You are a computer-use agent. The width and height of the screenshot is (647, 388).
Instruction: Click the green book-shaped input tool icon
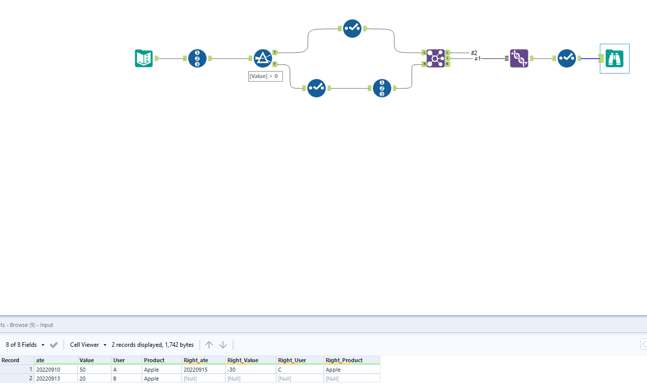[144, 59]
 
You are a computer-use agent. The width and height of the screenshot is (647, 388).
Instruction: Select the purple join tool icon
[435, 58]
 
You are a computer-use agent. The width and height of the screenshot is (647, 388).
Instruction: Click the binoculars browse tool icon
[615, 59]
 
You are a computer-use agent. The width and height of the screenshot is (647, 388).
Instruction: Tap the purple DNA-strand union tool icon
[519, 58]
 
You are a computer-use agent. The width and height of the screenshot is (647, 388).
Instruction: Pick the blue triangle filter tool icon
[263, 58]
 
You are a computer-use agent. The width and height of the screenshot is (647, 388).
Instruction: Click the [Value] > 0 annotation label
[266, 76]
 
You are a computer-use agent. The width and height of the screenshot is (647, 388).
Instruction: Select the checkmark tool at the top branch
[352, 28]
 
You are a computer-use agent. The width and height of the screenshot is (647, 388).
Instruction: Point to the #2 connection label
[474, 53]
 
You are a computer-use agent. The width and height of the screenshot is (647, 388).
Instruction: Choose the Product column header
[154, 360]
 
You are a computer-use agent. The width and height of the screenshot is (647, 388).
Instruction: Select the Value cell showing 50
[83, 370]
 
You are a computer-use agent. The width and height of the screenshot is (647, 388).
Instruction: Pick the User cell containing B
[115, 379]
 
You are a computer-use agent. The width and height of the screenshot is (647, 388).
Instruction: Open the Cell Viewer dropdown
[88, 345]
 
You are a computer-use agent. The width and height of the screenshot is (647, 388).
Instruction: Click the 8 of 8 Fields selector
[25, 345]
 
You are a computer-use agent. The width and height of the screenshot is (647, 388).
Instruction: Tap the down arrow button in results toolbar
[223, 345]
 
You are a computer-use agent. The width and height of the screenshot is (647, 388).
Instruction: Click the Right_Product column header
[344, 360]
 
